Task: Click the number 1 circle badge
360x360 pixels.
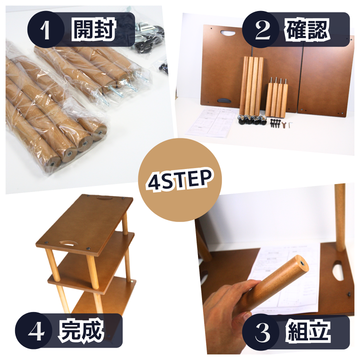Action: coord(45,29)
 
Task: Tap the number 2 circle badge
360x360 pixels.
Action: coord(260,29)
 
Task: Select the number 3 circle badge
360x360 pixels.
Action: coord(260,332)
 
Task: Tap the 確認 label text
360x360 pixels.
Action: coord(307,30)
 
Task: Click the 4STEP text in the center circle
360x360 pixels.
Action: coord(179,181)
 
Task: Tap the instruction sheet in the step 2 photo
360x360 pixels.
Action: coord(211,121)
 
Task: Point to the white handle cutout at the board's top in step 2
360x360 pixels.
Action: coord(228,32)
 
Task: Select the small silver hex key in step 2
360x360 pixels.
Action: coord(290,125)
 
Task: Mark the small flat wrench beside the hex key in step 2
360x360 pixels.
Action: coord(284,125)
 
